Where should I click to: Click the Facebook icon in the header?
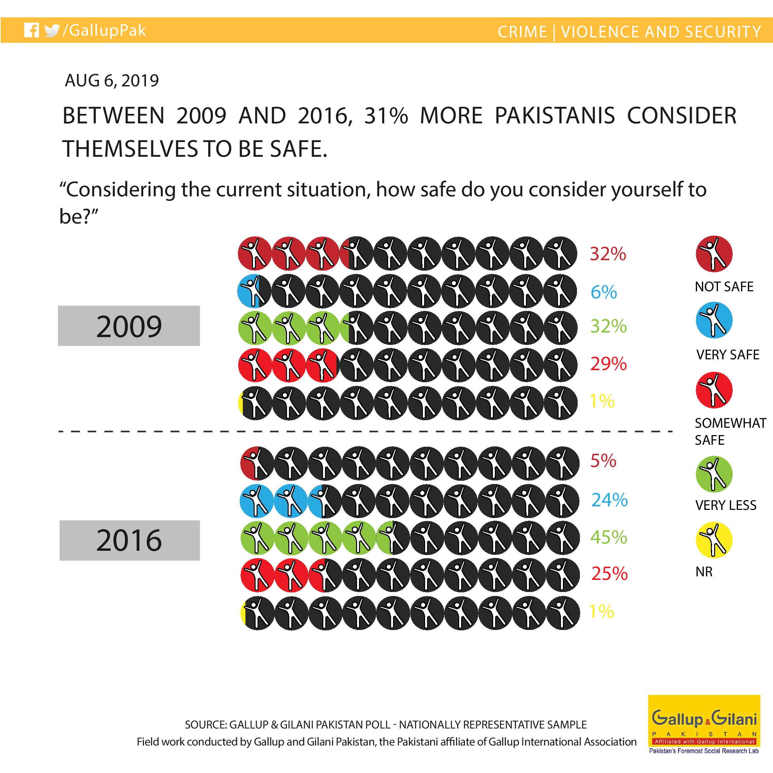pyautogui.click(x=31, y=30)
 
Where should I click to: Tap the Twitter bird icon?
pyautogui.click(x=52, y=31)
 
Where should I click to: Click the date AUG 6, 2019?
pyautogui.click(x=112, y=81)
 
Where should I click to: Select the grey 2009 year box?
pyautogui.click(x=129, y=326)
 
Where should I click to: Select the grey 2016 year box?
pyautogui.click(x=130, y=540)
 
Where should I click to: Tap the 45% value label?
pyautogui.click(x=609, y=537)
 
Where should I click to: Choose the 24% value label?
pyautogui.click(x=609, y=500)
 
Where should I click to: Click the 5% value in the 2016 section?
pyautogui.click(x=603, y=461)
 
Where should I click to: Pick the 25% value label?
pyautogui.click(x=609, y=574)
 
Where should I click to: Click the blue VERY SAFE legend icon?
pyautogui.click(x=714, y=320)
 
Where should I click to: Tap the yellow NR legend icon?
pyautogui.click(x=714, y=540)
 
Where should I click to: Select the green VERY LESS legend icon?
pyautogui.click(x=714, y=474)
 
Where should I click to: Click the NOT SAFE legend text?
pyautogui.click(x=724, y=286)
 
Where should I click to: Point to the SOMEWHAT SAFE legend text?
pyautogui.click(x=730, y=431)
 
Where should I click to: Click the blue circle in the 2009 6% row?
pyautogui.click(x=248, y=291)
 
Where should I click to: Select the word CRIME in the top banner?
pyautogui.click(x=522, y=32)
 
